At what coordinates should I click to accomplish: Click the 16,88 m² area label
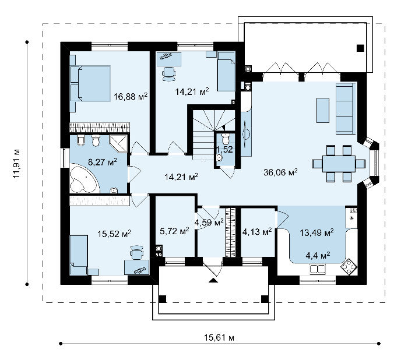(x=131, y=97)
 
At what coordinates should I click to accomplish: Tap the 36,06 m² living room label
(x=280, y=172)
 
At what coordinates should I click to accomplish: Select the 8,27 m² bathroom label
(x=103, y=162)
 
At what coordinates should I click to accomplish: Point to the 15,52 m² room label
(x=114, y=234)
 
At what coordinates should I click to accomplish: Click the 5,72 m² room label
(x=174, y=231)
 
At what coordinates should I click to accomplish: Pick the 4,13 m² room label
(x=257, y=231)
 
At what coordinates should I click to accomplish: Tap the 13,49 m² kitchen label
(x=316, y=232)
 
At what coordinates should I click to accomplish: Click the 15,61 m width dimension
(x=219, y=338)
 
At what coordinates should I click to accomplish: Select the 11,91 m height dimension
(x=16, y=163)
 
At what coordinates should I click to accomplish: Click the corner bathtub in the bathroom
(x=83, y=179)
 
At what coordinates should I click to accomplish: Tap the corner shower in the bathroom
(x=119, y=143)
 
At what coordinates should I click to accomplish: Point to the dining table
(x=339, y=164)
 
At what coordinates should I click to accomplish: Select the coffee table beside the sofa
(x=323, y=110)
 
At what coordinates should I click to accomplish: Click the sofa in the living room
(x=346, y=109)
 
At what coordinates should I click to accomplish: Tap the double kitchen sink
(x=318, y=269)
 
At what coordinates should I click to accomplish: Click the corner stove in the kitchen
(x=349, y=267)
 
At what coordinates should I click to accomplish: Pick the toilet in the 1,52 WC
(x=226, y=139)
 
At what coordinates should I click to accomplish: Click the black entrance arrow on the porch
(x=213, y=280)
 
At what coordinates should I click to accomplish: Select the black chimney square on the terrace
(x=360, y=48)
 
